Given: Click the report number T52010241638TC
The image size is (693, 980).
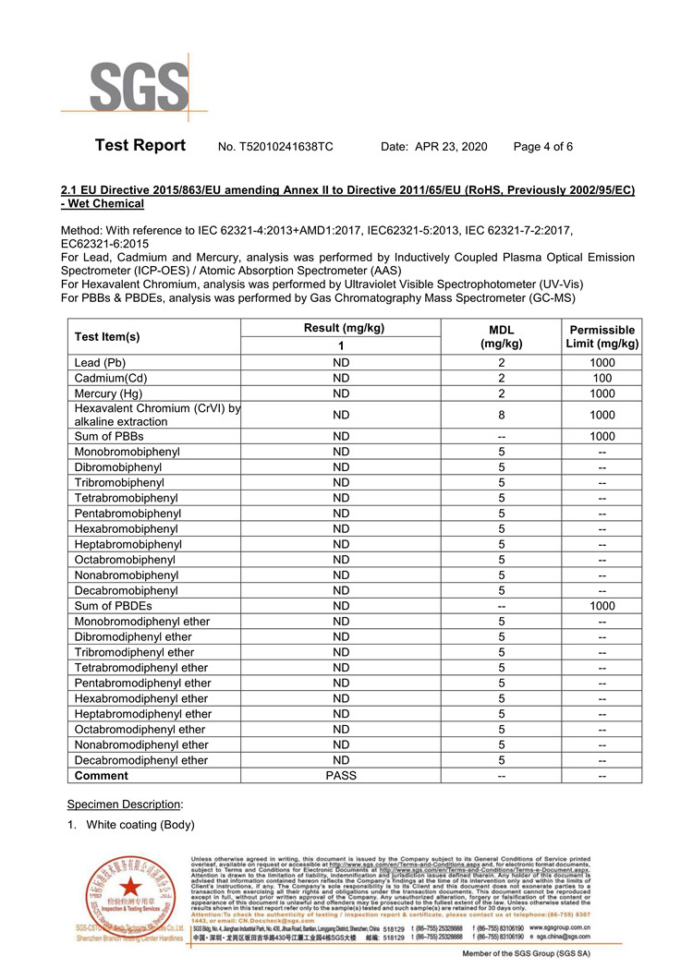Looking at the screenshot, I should coord(275,147).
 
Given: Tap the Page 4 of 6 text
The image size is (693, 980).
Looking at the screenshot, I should coord(543,147).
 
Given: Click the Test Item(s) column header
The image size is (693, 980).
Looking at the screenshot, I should coord(107,337).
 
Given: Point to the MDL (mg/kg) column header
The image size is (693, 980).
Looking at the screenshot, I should coord(501,337).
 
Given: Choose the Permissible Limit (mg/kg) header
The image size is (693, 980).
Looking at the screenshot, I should coord(602,337).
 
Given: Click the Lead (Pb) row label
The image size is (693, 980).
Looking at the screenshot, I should coord(100,363).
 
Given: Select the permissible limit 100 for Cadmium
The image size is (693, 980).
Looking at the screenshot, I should coord(602,378).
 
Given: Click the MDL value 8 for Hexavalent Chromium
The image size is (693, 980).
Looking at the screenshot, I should coord(501,415).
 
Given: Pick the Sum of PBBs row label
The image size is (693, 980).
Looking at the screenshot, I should coord(109,436).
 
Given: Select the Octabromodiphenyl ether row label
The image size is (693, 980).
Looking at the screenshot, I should coord(140,730).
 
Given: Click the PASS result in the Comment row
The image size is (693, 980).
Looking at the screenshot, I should coord(341,776).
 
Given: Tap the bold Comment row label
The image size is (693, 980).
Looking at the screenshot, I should coord(102,776).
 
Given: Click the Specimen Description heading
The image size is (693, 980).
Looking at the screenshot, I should coord(118,804).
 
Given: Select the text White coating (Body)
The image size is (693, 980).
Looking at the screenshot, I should coord(140,824).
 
